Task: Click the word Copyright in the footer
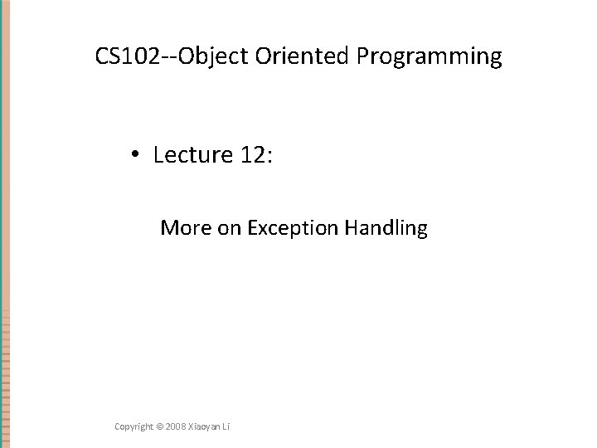pos(134,426)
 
